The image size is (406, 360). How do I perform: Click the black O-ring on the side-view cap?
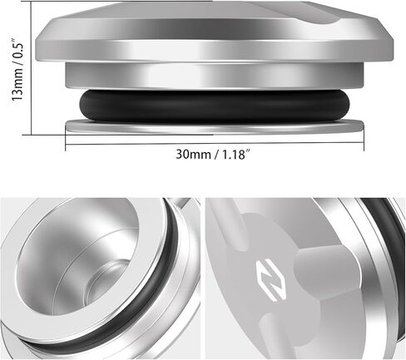tap(213, 107)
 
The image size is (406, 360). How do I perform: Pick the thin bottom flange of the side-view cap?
tap(213, 126)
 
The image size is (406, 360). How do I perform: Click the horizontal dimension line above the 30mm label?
tap(213, 142)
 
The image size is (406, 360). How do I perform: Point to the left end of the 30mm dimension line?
tap(66, 142)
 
